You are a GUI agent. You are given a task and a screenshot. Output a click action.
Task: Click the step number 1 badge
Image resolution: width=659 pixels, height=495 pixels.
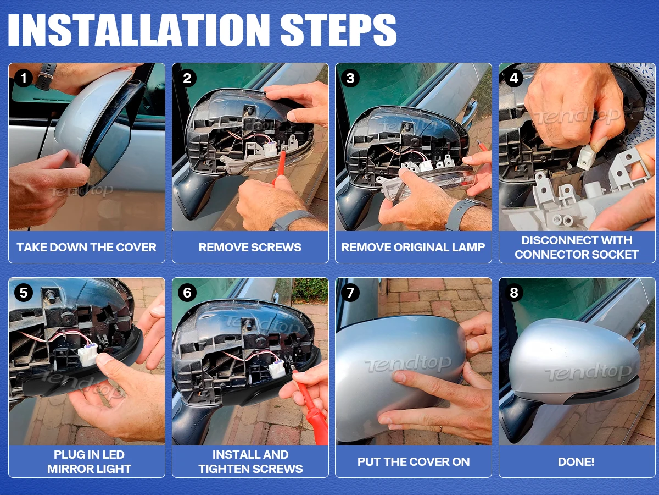click(24, 79)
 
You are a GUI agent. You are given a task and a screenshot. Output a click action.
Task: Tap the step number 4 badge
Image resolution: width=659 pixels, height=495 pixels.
click(514, 79)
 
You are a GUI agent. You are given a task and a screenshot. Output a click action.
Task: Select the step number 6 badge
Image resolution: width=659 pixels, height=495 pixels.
click(187, 293)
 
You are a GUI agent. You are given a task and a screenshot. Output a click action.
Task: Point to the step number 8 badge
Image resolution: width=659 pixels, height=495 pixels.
click(514, 293)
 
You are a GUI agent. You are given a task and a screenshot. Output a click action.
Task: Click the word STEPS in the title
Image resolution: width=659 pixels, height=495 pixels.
click(338, 30)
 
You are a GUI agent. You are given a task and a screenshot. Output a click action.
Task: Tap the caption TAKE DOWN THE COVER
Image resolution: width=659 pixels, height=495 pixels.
click(86, 248)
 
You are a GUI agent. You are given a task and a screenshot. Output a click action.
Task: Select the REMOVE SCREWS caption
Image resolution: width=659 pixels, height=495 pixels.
click(250, 248)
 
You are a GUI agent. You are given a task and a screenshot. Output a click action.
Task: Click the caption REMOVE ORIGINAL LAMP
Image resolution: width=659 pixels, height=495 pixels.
click(413, 248)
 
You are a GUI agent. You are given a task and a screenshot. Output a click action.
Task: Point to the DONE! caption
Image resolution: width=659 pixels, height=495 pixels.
click(576, 462)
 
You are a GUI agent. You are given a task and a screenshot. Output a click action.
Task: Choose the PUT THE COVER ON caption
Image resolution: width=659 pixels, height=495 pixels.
click(414, 462)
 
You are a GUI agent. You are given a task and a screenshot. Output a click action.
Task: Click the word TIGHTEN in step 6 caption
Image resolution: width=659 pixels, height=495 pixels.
click(226, 469)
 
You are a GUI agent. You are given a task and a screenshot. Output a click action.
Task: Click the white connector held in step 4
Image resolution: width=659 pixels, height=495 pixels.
click(586, 157)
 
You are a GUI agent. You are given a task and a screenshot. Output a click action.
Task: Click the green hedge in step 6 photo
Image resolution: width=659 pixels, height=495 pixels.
click(310, 289)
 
